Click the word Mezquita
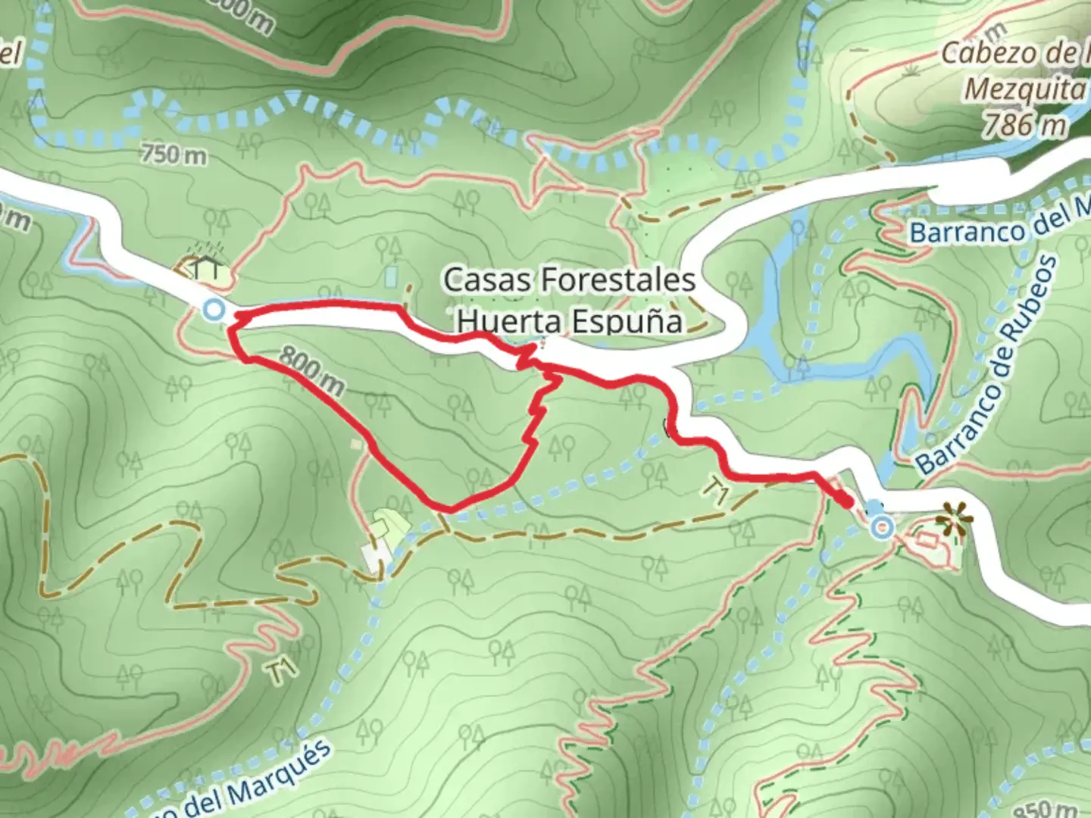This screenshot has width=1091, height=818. click(1024, 89)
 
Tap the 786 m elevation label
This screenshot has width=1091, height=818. click(1024, 124)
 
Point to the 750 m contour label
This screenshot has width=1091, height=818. click(173, 155)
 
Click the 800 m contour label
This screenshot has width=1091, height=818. click(311, 370)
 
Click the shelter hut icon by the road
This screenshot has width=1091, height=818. click(205, 267)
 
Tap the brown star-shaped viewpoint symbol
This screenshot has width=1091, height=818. click(954, 521)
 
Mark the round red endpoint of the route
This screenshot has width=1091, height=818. click(846, 501)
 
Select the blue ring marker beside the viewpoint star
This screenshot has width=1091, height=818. click(881, 527)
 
